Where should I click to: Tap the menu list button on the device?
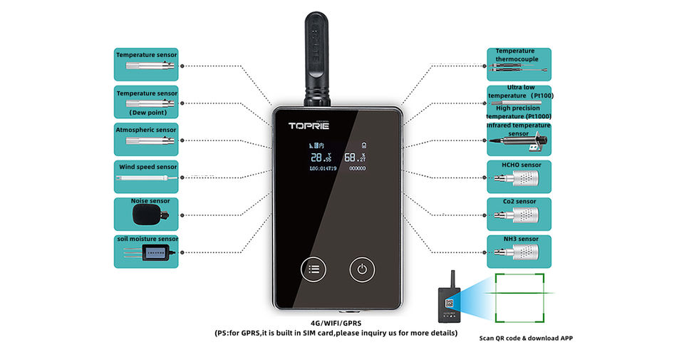314,269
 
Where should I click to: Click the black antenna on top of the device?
317,57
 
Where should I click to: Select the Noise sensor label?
150,201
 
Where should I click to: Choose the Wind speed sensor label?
147,167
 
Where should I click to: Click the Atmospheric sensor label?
146,130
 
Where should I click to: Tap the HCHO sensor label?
521,165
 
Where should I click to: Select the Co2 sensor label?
519,201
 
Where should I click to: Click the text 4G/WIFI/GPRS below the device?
336,322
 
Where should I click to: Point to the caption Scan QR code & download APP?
526,338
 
